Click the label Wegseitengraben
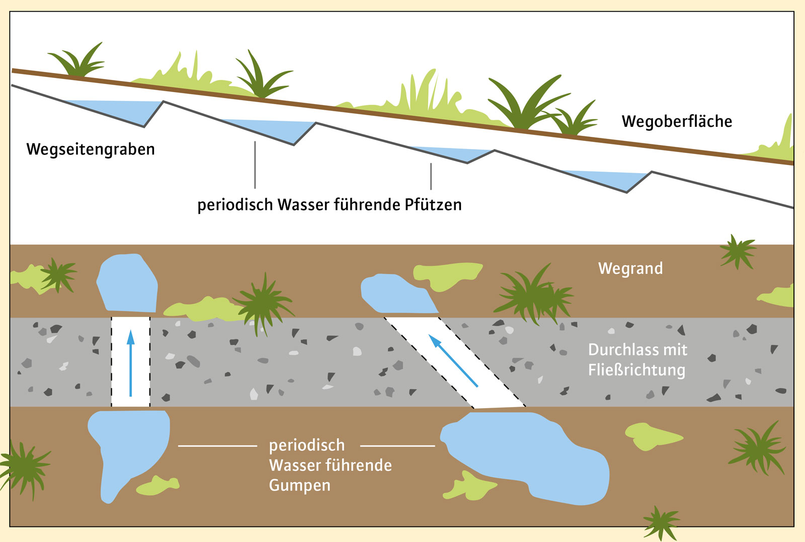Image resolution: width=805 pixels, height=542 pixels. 91,149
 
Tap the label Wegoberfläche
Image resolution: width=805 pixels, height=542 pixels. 677,122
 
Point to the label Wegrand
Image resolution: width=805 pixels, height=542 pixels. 630,268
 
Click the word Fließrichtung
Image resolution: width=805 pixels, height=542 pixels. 636,370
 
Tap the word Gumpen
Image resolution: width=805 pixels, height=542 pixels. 300,486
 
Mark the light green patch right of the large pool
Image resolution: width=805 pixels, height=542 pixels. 649,435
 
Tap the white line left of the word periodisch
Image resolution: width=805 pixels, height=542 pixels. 217,446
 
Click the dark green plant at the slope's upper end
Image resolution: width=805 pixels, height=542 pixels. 78,63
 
